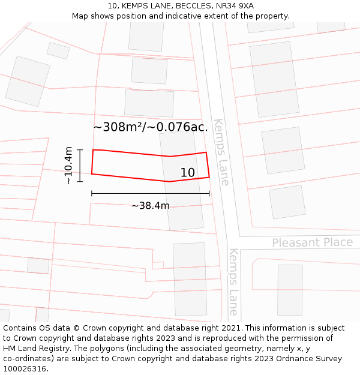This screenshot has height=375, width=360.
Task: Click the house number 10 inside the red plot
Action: click(188, 173)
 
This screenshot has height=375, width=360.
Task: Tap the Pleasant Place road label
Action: click(312, 242)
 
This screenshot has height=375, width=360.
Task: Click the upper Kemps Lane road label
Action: click(221, 152)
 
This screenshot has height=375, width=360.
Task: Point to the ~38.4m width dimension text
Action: click(151, 206)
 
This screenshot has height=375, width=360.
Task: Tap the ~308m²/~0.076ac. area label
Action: click(151, 127)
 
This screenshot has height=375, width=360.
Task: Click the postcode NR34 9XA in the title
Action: click(238, 6)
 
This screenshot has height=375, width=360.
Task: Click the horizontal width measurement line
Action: click(150, 193)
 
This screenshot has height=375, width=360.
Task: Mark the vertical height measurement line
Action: click(80, 165)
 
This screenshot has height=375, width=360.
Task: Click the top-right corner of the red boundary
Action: click(206, 152)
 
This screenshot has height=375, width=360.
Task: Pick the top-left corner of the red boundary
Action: click(93, 150)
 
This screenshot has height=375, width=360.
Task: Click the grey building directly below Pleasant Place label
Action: click(290, 289)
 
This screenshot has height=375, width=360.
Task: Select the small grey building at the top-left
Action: click(58, 50)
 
